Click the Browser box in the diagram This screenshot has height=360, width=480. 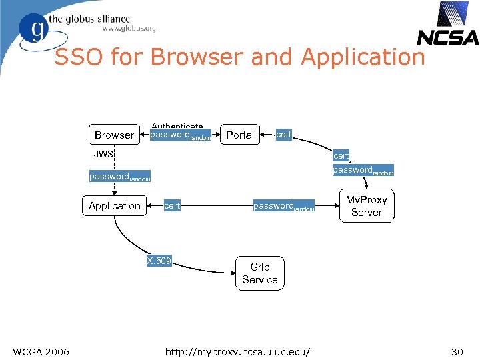(114, 135)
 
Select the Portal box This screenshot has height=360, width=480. (240, 135)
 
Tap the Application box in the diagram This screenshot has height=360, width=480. (115, 205)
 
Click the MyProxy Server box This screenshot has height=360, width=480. (366, 206)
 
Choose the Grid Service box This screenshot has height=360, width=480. (259, 273)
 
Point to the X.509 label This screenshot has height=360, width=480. (159, 260)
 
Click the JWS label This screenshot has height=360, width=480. (104, 154)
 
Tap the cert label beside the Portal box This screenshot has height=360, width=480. (284, 134)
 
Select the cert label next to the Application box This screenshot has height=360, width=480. (172, 205)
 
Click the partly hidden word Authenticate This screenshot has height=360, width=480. (177, 127)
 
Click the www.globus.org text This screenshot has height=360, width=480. (129, 28)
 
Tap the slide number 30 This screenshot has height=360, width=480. (457, 351)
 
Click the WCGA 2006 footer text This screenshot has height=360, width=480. (41, 351)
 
